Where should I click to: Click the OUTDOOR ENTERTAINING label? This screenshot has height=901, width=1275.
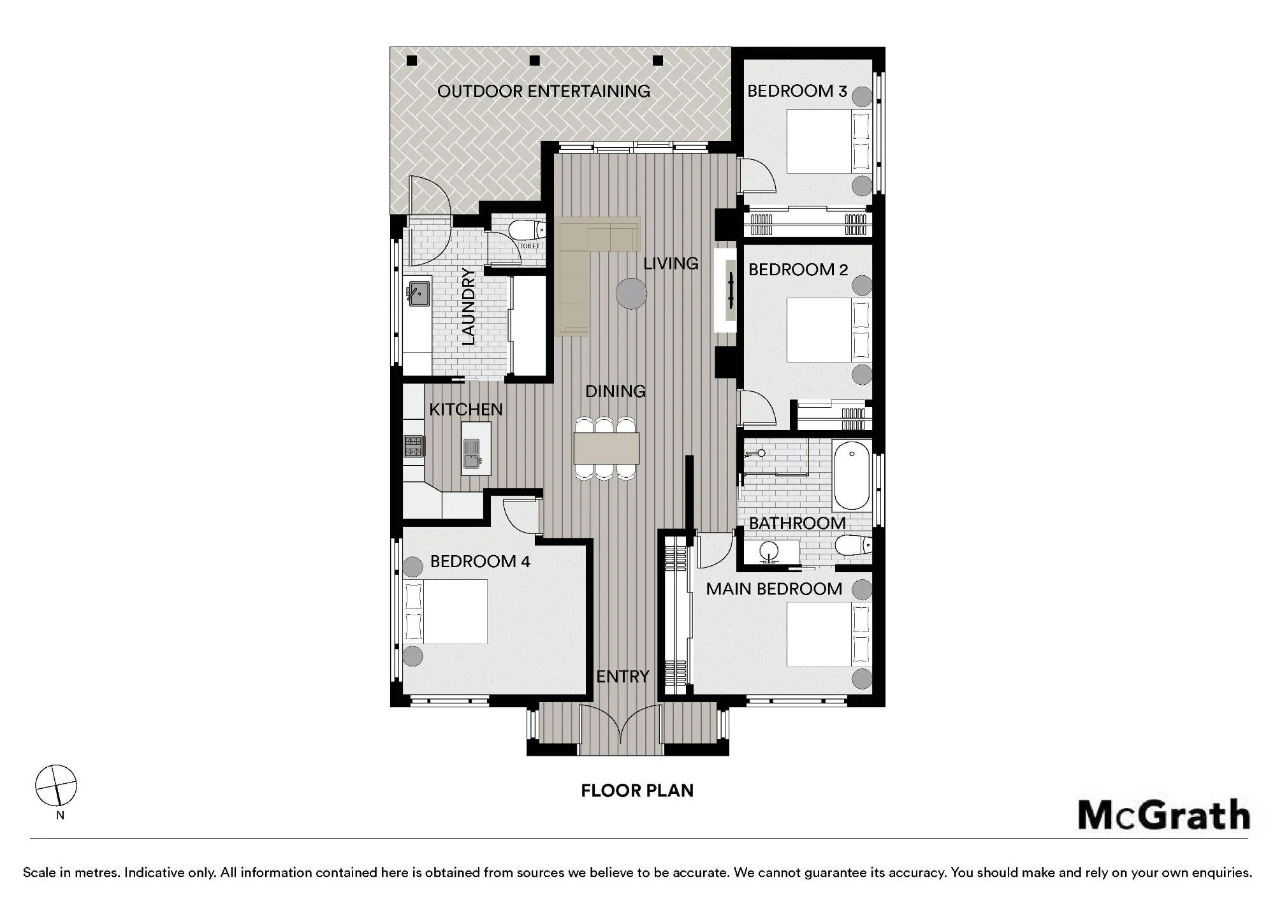(544, 91)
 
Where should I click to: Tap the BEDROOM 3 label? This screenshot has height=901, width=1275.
(797, 91)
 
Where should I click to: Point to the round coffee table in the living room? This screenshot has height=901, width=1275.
(631, 294)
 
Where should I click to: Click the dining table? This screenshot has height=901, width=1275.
(606, 448)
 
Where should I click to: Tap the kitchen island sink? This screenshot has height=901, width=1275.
(472, 454)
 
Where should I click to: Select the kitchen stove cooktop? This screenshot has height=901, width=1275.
(413, 446)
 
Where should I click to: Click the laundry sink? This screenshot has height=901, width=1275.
(418, 293)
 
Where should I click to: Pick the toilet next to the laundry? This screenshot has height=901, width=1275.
(530, 229)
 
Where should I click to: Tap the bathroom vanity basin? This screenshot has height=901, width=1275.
(770, 551)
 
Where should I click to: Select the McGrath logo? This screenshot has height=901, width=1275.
(1163, 816)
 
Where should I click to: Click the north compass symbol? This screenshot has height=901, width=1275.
(56, 785)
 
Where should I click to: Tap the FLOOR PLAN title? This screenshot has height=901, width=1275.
(637, 791)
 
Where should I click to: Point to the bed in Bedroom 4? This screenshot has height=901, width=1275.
(446, 612)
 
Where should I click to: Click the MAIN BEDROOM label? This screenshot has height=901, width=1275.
(774, 589)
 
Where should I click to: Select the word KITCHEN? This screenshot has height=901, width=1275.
(466, 409)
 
